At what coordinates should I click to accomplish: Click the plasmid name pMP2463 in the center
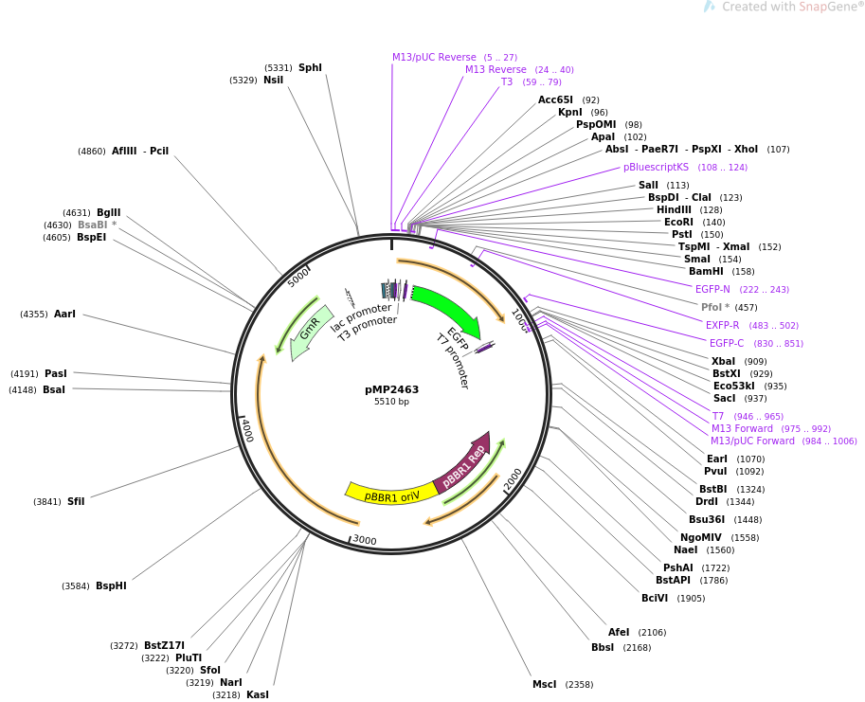pos(391,389)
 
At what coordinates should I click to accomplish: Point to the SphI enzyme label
pos(310,68)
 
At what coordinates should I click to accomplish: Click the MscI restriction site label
pos(545,684)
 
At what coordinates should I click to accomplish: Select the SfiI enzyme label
pos(76,502)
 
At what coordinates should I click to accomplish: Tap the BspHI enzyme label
pos(111,586)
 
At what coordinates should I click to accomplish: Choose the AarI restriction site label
pos(64,315)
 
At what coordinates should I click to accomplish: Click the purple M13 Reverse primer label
pos(496,70)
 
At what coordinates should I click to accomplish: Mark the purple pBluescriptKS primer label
pos(656,168)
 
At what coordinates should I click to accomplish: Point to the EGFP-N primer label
pos(712,290)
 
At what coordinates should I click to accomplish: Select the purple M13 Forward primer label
pos(742,429)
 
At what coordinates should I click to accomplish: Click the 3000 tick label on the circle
pos(365,541)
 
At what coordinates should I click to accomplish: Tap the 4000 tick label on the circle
pos(246,429)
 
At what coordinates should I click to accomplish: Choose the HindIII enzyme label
pos(674,210)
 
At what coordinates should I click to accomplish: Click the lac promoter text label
pos(361,316)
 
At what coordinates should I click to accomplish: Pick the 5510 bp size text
pos(391,402)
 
